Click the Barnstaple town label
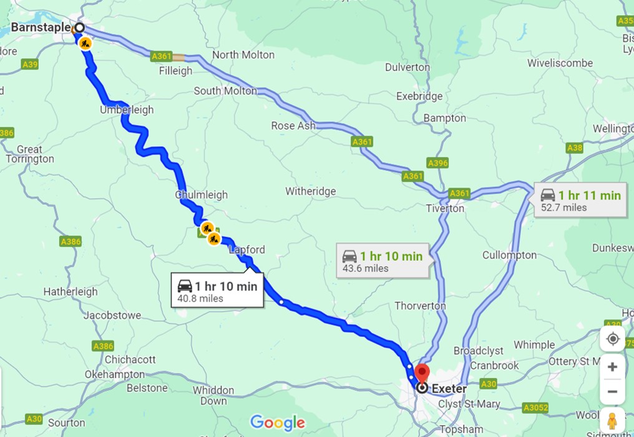point(40,28)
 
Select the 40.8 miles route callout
point(217,292)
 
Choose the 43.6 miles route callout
point(382,261)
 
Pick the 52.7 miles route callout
point(580,200)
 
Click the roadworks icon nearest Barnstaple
point(85,43)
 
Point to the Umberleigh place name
point(127,110)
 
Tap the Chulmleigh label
point(202,195)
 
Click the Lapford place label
point(247,250)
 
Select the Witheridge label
point(311,192)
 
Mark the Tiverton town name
point(445,208)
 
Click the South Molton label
point(225,91)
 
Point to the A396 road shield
point(437,162)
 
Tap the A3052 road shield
point(535,408)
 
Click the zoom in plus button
point(612,367)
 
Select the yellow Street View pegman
point(612,420)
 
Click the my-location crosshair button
point(612,339)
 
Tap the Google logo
point(278,423)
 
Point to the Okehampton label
point(115,375)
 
